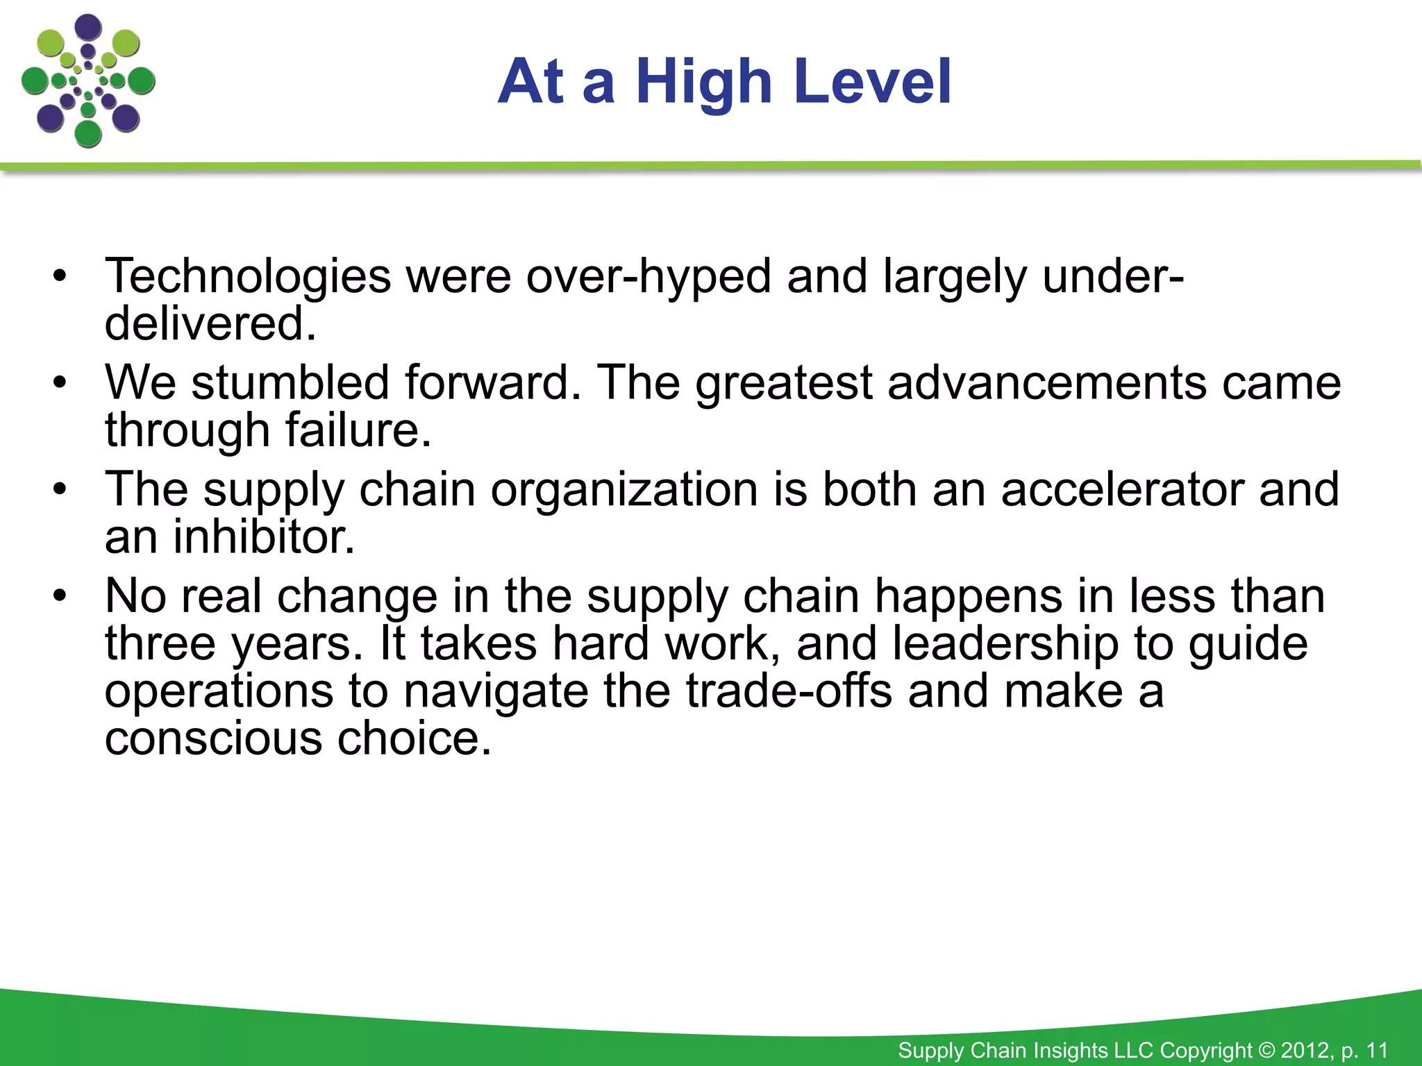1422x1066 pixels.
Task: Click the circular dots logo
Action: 88,81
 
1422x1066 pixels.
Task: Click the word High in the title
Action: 703,82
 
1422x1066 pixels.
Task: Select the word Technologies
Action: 248,276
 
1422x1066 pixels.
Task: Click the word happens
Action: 968,596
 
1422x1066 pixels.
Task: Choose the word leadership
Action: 1005,643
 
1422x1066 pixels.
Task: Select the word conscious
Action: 213,738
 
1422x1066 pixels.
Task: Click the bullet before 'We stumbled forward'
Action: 60,383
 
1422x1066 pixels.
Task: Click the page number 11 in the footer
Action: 1376,1050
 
